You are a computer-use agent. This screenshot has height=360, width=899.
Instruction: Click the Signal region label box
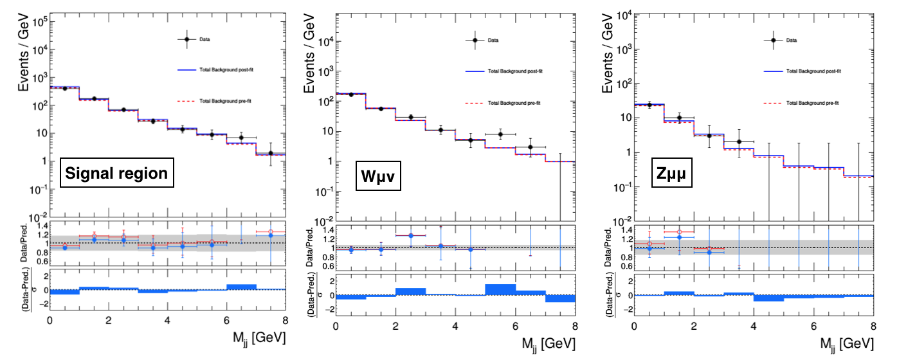tap(118, 173)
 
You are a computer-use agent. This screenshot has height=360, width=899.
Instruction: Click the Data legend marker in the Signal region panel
tap(187, 39)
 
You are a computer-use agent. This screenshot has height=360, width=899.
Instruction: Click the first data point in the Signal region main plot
tap(64, 88)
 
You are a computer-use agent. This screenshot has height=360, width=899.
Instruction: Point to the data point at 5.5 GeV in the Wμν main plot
tap(500, 134)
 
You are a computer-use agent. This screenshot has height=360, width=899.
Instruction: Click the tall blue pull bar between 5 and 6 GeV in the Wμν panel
tap(500, 290)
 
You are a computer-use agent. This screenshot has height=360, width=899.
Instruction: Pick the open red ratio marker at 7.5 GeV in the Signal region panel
tap(270, 231)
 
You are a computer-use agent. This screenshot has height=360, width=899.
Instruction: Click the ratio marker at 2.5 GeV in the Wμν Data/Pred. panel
tap(410, 235)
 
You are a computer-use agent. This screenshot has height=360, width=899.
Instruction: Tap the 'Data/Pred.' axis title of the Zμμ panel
tap(609, 248)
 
